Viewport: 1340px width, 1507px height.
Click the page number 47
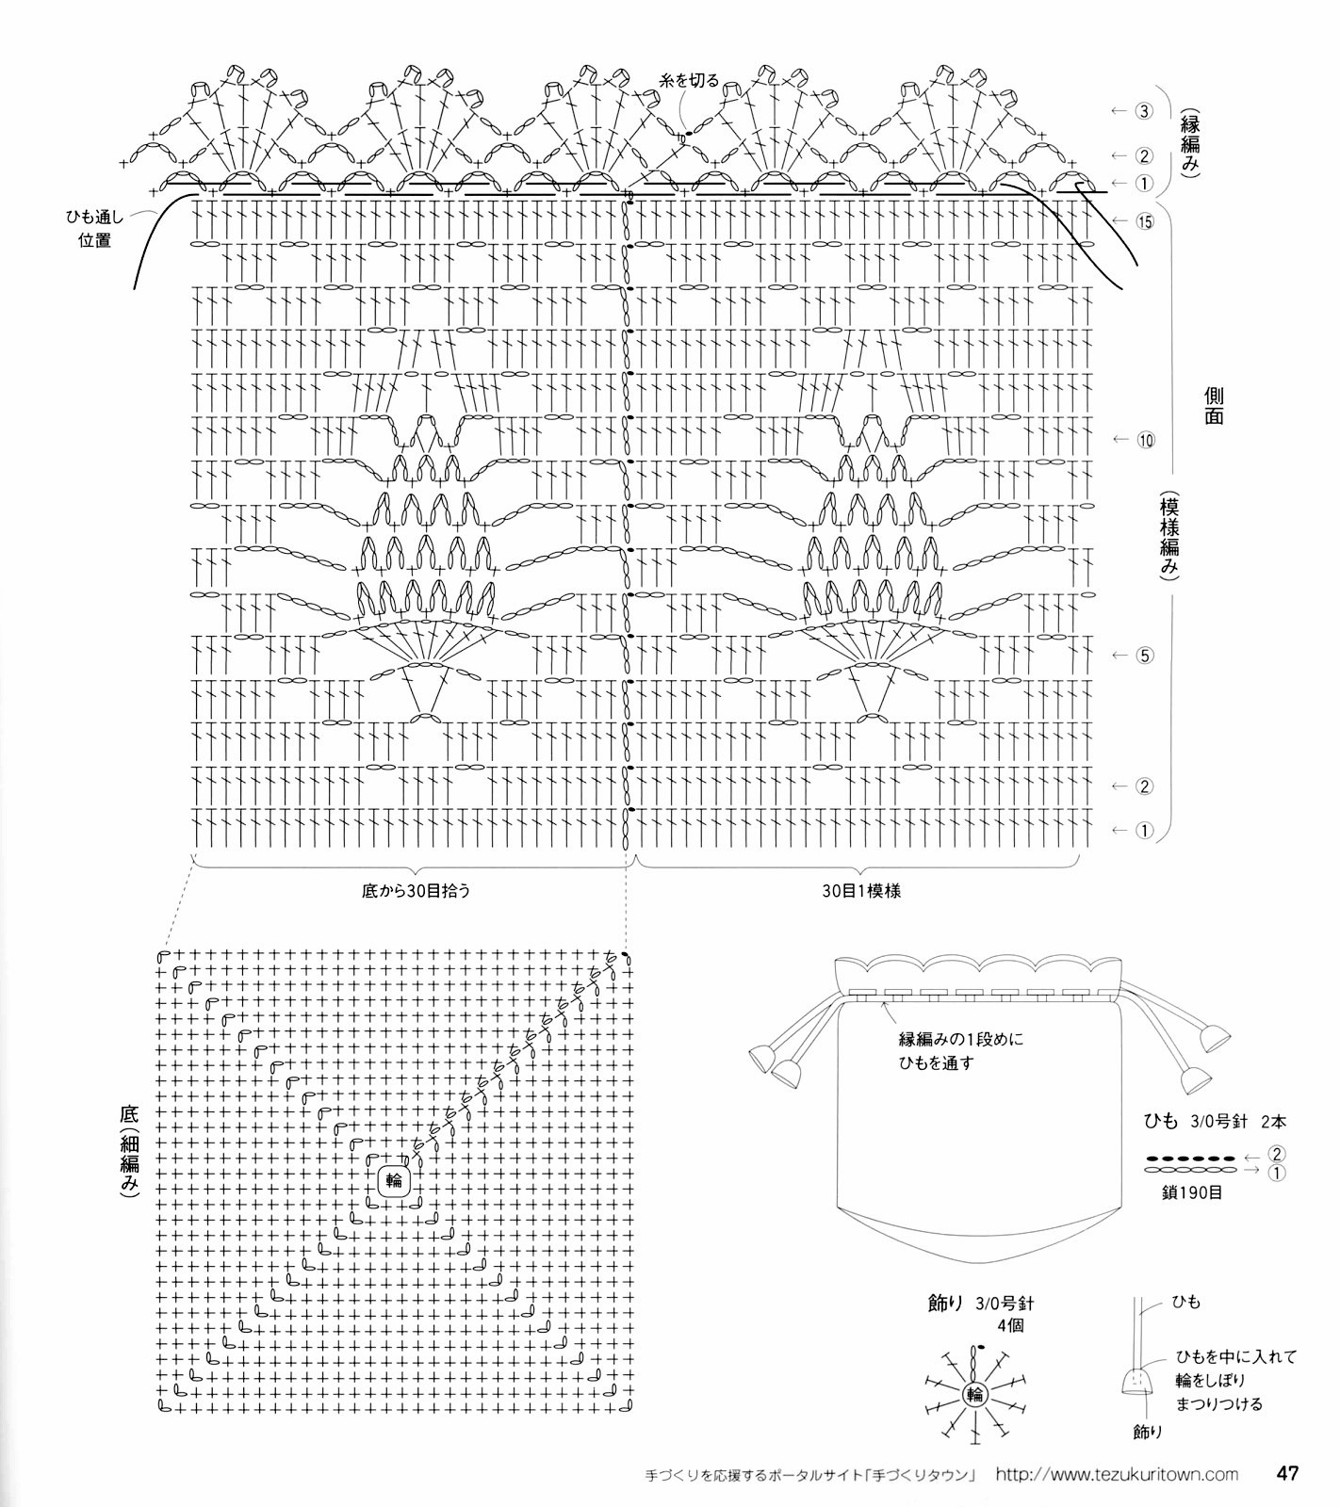[1288, 1473]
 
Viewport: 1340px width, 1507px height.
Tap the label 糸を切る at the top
[689, 80]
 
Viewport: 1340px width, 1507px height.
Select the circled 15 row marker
[1145, 222]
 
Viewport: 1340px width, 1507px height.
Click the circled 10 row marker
[1145, 440]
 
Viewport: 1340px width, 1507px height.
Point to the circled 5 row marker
[1145, 656]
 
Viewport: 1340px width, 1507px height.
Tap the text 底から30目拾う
[416, 890]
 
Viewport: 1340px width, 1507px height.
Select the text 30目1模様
[860, 890]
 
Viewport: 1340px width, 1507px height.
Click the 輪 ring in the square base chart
[394, 1179]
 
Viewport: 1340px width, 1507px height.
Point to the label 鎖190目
[1192, 1192]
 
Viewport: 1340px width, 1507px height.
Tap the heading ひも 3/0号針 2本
[1215, 1121]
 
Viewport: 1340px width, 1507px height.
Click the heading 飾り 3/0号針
[980, 1304]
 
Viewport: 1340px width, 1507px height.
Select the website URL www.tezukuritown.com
[1117, 1474]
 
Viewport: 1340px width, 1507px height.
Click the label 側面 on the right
[1214, 405]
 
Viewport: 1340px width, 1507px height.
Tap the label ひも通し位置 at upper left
[94, 229]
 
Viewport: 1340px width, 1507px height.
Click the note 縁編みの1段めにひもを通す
[959, 1051]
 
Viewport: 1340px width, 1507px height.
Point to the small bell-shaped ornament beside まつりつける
[1137, 1381]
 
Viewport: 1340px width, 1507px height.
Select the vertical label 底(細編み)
[129, 1151]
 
